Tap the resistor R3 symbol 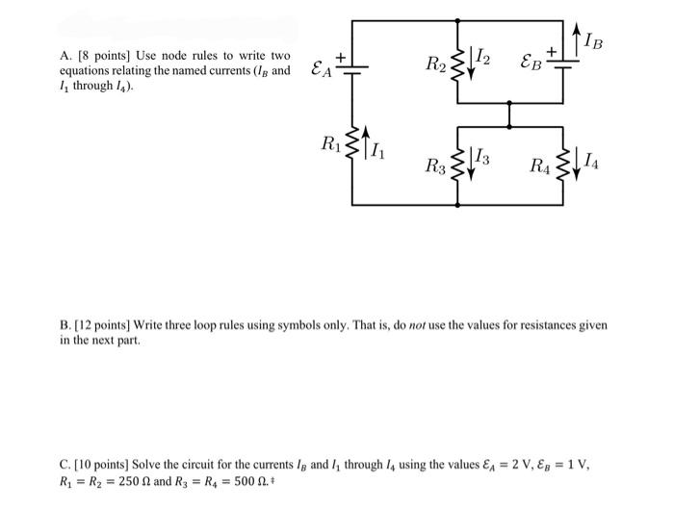pos(455,165)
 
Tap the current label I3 pos(485,161)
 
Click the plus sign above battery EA pos(340,57)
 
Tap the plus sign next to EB pos(551,49)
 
